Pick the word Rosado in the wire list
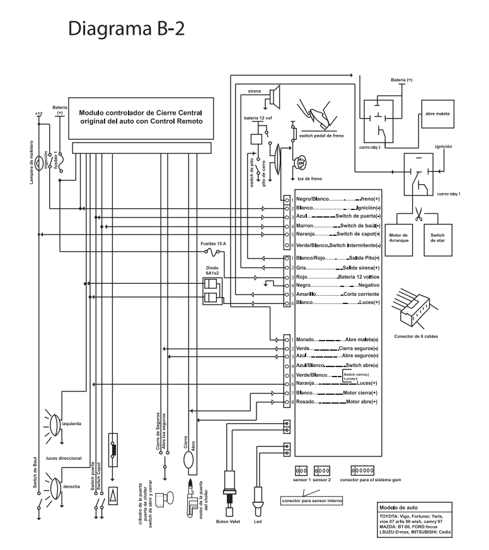coord(306,401)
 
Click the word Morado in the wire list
coord(306,339)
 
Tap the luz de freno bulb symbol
coord(301,163)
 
